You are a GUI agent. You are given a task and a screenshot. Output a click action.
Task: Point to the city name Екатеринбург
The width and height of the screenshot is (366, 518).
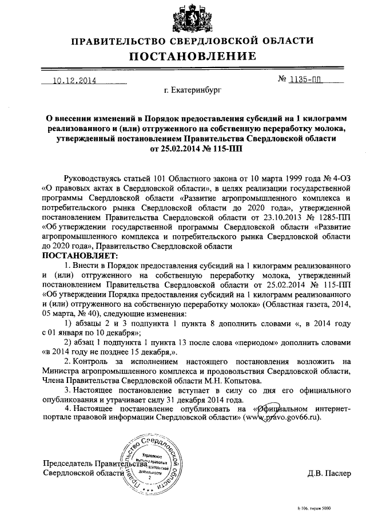pyautogui.click(x=192, y=90)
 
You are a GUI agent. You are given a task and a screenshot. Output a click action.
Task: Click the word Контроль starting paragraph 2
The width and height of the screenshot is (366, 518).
pyautogui.click(x=91, y=362)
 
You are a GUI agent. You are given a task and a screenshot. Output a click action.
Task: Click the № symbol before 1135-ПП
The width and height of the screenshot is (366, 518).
pyautogui.click(x=282, y=80)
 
